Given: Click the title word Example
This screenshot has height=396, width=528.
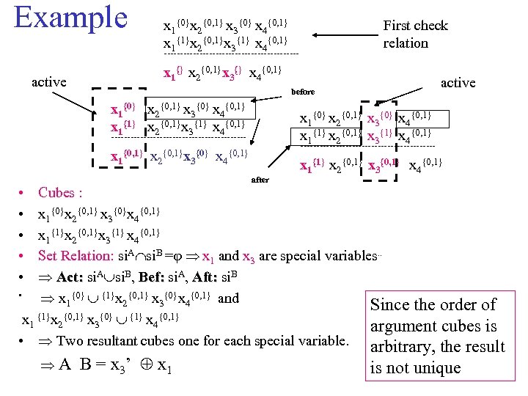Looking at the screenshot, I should point(70,18).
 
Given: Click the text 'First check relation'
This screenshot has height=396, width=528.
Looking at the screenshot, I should point(415,34).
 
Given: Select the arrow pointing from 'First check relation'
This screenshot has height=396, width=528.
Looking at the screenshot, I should point(345,33).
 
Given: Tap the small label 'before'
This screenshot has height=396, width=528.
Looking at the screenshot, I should point(303,92).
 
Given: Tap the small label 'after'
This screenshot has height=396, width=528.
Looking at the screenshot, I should point(260,179).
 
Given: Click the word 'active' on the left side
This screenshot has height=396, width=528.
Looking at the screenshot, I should point(48,82).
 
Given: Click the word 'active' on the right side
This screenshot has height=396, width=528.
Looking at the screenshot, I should point(458,83).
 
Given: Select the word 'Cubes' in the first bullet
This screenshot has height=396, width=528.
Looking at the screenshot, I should point(56,193).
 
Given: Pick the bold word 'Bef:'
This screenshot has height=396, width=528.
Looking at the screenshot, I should point(153,277).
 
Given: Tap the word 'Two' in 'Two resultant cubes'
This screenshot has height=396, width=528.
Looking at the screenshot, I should point(70,341).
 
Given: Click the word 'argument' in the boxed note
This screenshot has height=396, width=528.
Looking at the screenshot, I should point(402,326).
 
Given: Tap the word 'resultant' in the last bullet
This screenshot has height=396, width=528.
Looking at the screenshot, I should point(124,341).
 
